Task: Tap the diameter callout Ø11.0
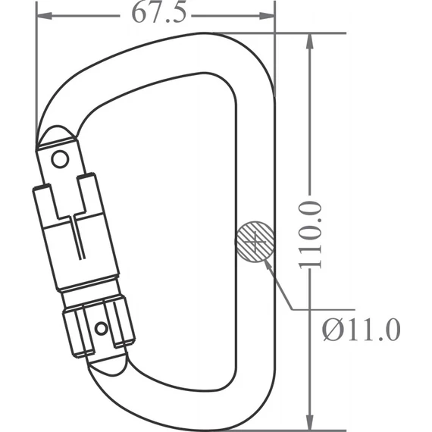click(360, 330)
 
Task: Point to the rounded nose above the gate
click(57, 137)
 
